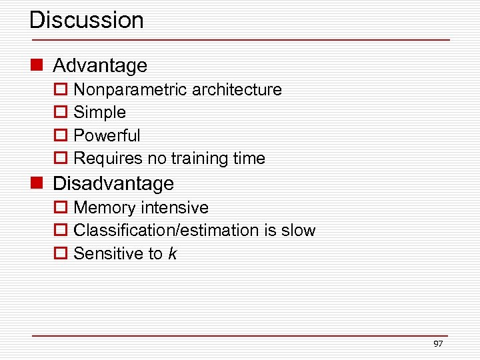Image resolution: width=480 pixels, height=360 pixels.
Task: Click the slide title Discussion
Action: (x=87, y=20)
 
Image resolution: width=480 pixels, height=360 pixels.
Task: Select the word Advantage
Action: (x=100, y=65)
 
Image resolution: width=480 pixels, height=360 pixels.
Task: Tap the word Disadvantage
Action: (x=113, y=183)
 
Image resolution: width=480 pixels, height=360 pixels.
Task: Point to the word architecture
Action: (x=236, y=90)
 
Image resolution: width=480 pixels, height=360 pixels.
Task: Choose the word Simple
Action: (x=99, y=113)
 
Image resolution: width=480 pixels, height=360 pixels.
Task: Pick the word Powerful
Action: (x=107, y=136)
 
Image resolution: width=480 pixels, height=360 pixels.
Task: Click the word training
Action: (x=199, y=159)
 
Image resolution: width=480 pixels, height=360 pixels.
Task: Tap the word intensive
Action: (x=175, y=208)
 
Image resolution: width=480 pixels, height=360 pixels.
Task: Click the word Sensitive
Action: (x=108, y=254)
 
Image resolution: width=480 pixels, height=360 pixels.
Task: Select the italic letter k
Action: (x=173, y=254)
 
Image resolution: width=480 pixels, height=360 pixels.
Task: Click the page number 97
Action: (x=438, y=344)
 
